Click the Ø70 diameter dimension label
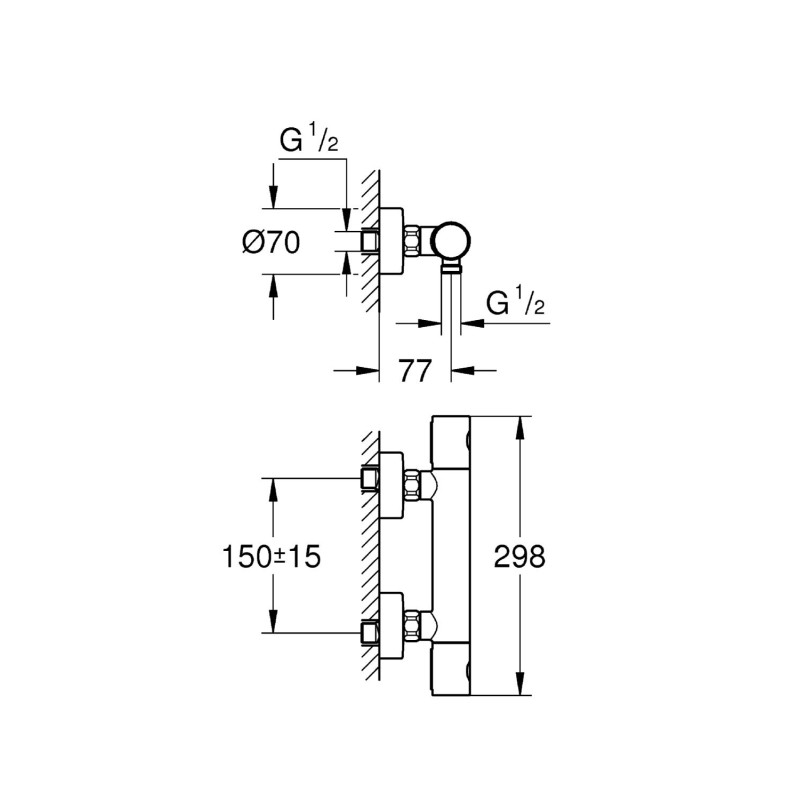(x=271, y=242)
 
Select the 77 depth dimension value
(x=415, y=371)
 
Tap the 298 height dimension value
(x=520, y=557)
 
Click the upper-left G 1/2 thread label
(x=309, y=141)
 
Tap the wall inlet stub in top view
(x=371, y=241)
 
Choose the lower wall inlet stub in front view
(x=371, y=632)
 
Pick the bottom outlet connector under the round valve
(x=452, y=267)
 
